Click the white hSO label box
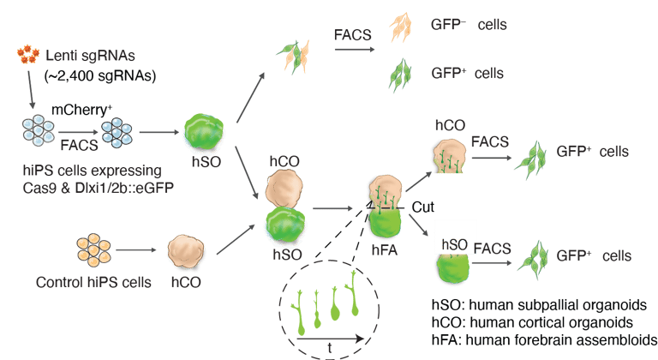pyautogui.click(x=454, y=243)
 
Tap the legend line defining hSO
pyautogui.click(x=540, y=306)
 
